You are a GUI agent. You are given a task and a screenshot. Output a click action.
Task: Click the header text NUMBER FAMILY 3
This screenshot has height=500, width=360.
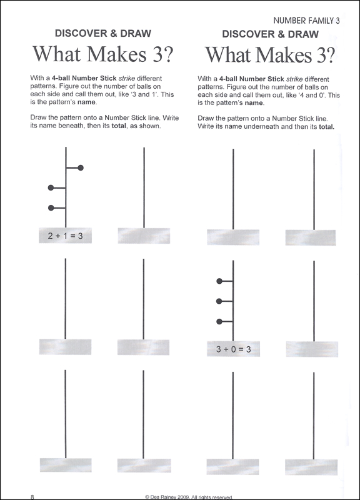coord(306,21)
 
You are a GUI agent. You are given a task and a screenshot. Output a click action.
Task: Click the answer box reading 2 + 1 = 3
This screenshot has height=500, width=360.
coord(66,236)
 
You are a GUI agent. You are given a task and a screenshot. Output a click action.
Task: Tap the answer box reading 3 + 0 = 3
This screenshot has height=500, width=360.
coord(233,349)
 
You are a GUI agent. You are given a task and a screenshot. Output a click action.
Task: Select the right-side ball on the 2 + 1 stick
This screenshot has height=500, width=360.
coord(81,167)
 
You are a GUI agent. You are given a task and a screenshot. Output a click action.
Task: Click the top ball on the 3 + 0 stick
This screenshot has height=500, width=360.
coord(219,281)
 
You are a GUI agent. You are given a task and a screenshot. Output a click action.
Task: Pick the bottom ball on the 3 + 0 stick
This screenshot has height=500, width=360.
coord(219,322)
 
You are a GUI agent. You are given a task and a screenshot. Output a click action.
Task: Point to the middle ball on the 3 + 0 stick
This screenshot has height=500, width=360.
coord(219,301)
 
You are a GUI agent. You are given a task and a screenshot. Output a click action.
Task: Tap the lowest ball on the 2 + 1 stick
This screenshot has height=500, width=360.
coord(51,208)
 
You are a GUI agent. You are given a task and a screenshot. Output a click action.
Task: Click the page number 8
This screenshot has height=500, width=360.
coord(32,496)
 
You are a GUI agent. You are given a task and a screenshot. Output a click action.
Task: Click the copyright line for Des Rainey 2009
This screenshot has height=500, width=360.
coord(189,497)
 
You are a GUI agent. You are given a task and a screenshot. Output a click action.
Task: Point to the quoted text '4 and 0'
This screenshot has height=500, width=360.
coord(311,96)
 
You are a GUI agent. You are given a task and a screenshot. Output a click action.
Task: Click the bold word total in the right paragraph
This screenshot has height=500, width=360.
coord(326,127)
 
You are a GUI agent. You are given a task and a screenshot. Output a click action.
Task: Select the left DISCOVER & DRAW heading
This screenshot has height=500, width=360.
coord(103,33)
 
